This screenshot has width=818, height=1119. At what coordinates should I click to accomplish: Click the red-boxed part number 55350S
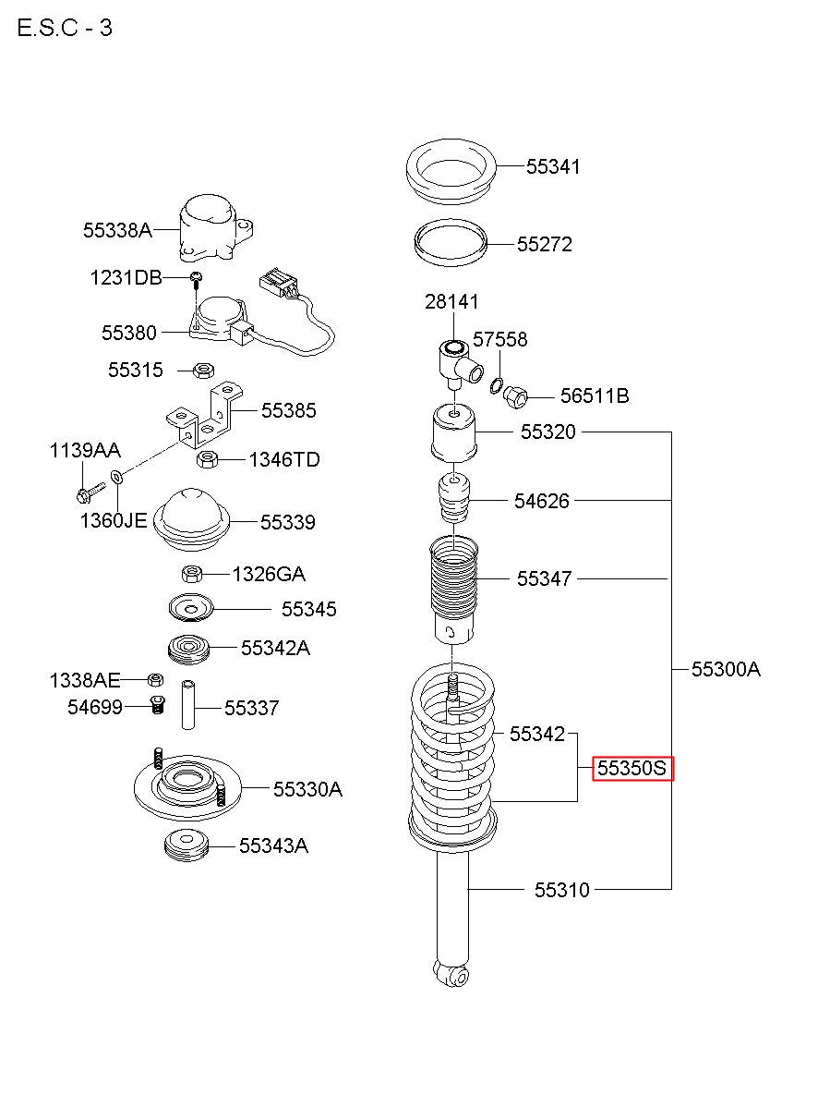coord(632,768)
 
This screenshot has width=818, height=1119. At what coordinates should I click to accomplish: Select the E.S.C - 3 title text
coord(65,28)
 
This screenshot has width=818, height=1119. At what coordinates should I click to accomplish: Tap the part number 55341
coord(553,166)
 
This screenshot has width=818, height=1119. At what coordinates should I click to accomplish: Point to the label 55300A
coord(726,669)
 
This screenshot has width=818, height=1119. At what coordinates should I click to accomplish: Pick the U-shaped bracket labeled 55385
coord(204,415)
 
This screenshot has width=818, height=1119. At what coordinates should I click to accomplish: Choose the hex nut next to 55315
coord(204,371)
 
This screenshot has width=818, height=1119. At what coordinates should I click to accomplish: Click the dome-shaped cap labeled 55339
coord(191,519)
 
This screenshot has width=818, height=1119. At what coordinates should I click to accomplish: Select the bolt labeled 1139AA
coord(90,491)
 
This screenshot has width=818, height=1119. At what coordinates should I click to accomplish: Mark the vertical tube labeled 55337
coord(188,705)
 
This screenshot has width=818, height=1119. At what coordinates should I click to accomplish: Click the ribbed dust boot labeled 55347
coord(453,590)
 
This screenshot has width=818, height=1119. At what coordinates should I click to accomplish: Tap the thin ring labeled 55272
coord(451,243)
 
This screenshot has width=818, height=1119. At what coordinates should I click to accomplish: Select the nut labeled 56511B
coord(515,396)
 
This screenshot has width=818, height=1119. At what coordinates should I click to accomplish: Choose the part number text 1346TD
coord(284,459)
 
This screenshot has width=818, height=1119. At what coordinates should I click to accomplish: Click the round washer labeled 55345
coord(191,607)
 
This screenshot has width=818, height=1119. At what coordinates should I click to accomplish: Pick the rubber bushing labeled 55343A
coord(186,846)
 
